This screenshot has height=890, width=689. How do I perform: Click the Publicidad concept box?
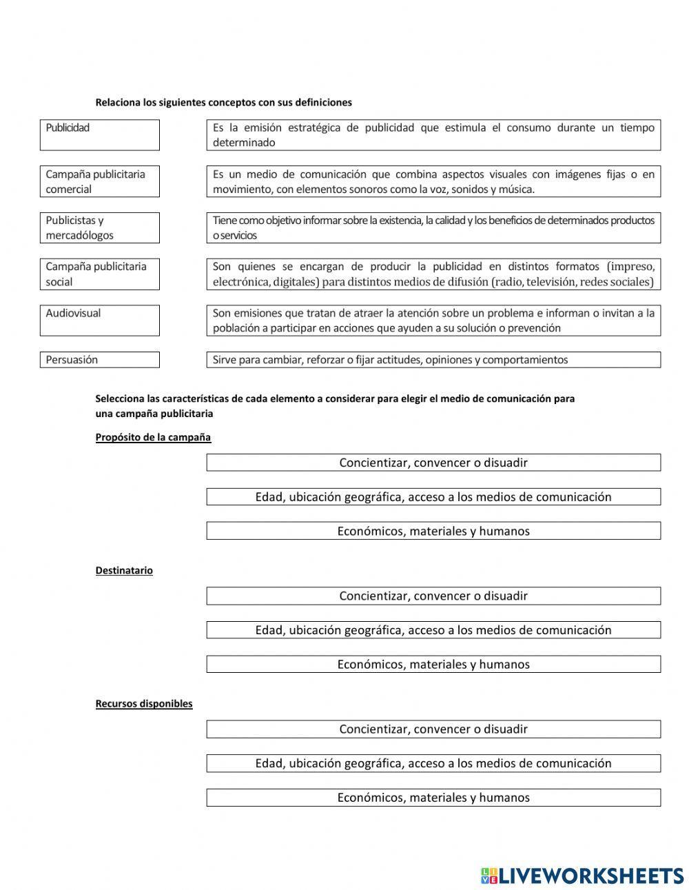point(99,135)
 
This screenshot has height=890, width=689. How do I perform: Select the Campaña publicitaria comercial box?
point(99,181)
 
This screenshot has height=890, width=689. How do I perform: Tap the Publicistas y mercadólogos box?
point(99,227)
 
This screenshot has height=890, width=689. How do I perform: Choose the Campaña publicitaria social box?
point(99,274)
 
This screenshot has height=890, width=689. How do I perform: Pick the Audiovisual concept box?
point(99,320)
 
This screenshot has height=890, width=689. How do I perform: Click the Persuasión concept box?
point(99,359)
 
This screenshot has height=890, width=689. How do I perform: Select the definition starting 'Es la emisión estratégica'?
point(433,135)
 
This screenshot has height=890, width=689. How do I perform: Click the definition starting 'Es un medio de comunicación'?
point(433,181)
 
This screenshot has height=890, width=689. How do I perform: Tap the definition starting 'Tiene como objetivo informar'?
point(433,227)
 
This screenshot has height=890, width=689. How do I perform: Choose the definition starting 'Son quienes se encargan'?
point(433,274)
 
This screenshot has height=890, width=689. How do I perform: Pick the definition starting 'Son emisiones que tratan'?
point(433,320)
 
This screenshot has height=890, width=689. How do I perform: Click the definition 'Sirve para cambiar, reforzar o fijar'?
point(433,359)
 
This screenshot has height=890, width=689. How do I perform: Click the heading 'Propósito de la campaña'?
point(153,437)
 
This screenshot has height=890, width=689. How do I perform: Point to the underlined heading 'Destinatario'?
point(124,570)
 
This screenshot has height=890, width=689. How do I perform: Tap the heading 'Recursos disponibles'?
point(144,703)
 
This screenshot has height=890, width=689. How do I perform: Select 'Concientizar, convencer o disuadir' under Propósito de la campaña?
point(433,463)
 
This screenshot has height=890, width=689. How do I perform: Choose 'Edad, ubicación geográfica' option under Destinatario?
point(433,630)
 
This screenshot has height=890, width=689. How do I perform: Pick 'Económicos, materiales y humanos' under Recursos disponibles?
point(433,798)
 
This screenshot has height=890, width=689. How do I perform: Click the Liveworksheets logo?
point(582,875)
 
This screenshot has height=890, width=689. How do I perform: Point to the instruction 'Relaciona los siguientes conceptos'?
point(223,102)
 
